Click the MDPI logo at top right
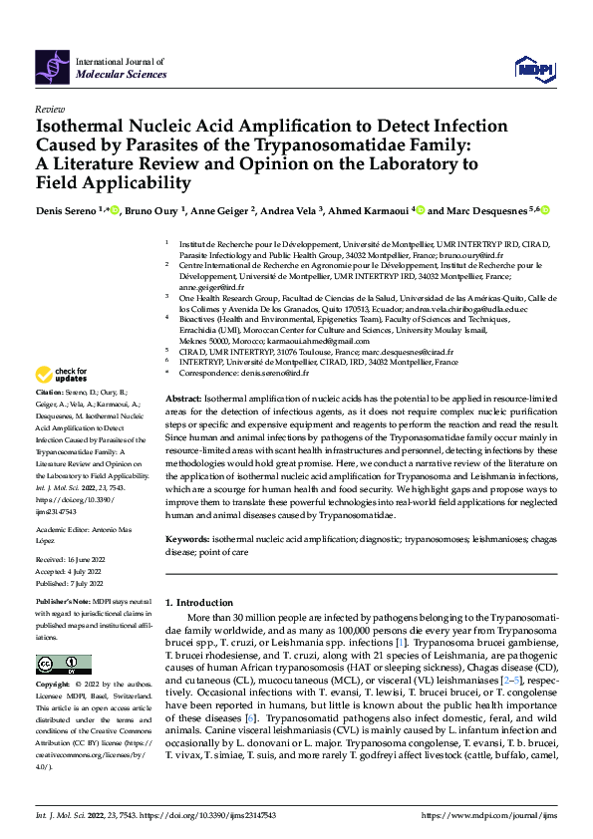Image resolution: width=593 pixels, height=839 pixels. point(534,68)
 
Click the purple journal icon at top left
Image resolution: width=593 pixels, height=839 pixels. point(50,66)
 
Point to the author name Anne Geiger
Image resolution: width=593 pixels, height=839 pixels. point(223,210)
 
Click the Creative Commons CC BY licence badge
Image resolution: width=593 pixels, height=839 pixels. point(63,666)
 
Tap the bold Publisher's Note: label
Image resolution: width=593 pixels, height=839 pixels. point(64,605)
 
